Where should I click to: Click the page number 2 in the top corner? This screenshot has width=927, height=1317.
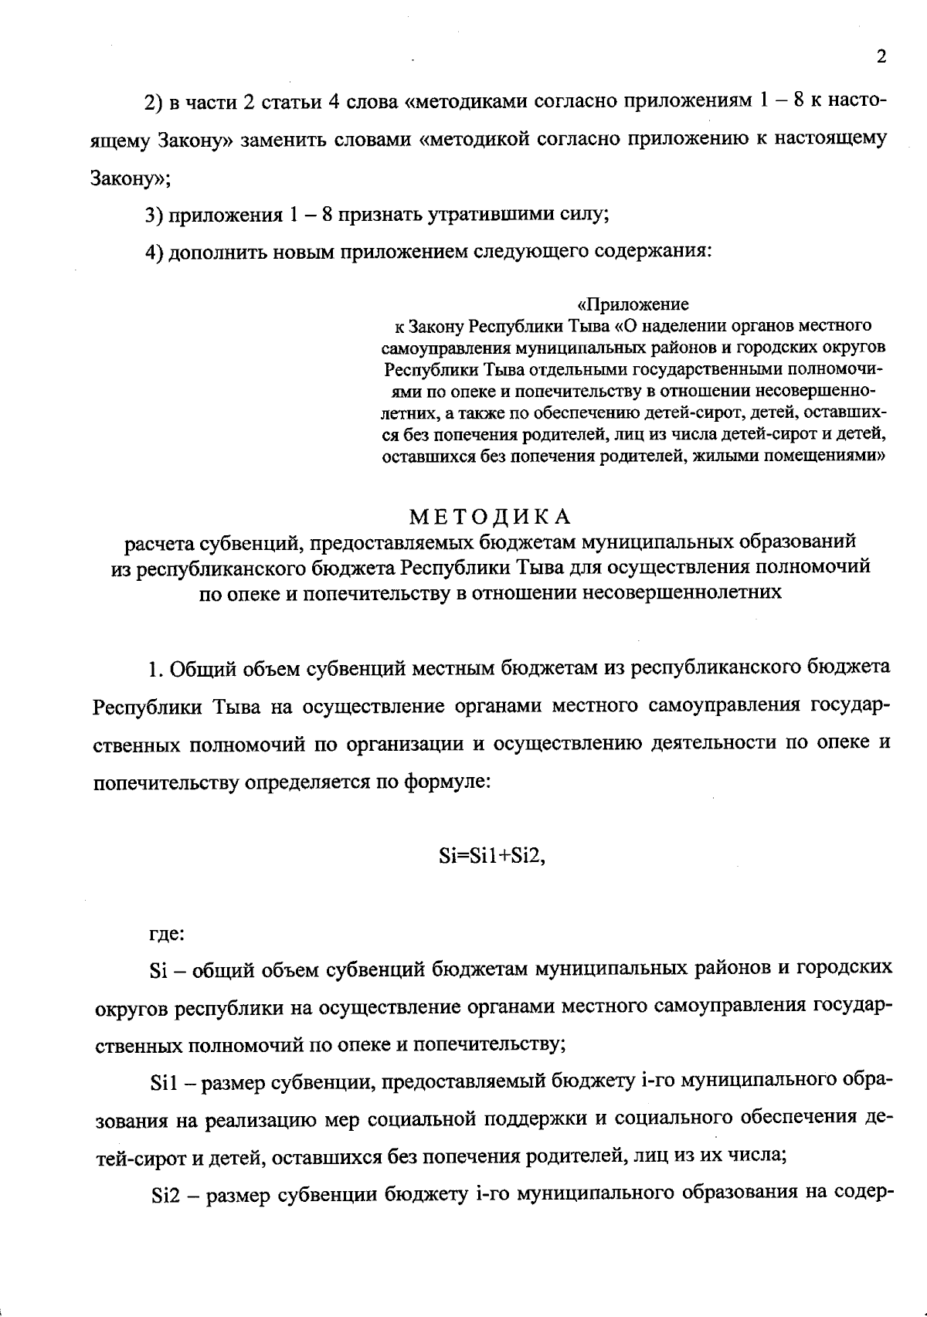881,57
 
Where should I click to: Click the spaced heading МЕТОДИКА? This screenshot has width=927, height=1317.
491,515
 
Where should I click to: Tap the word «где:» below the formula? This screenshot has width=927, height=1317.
166,933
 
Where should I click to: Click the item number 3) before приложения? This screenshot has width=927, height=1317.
154,215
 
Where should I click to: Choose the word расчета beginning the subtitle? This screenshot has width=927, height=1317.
161,543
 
